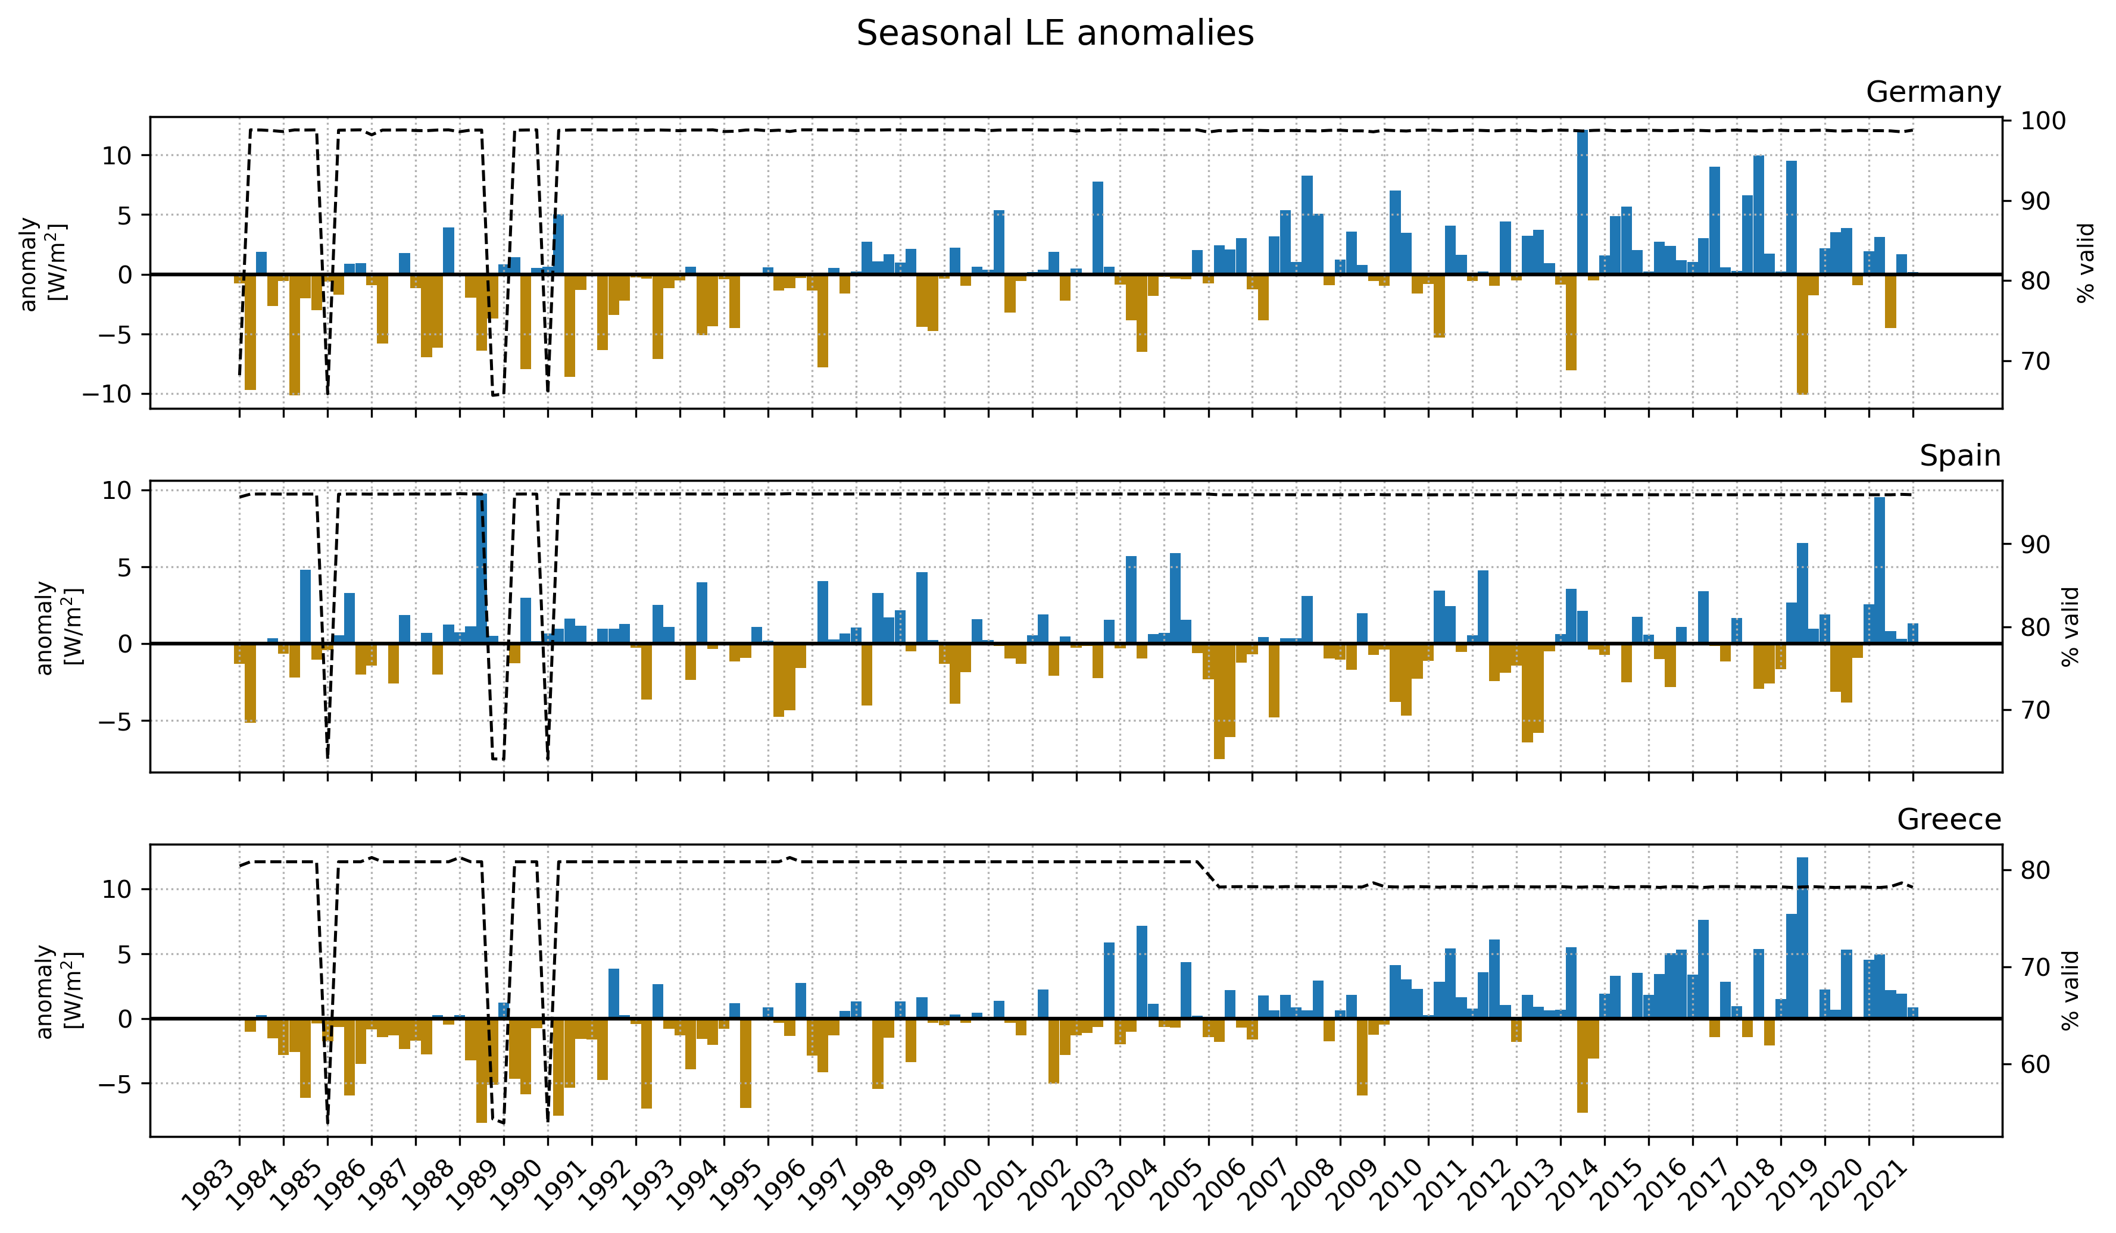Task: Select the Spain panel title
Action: pyautogui.click(x=1960, y=455)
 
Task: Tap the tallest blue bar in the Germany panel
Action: pyautogui.click(x=1582, y=202)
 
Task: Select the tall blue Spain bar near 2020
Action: pyautogui.click(x=1879, y=570)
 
